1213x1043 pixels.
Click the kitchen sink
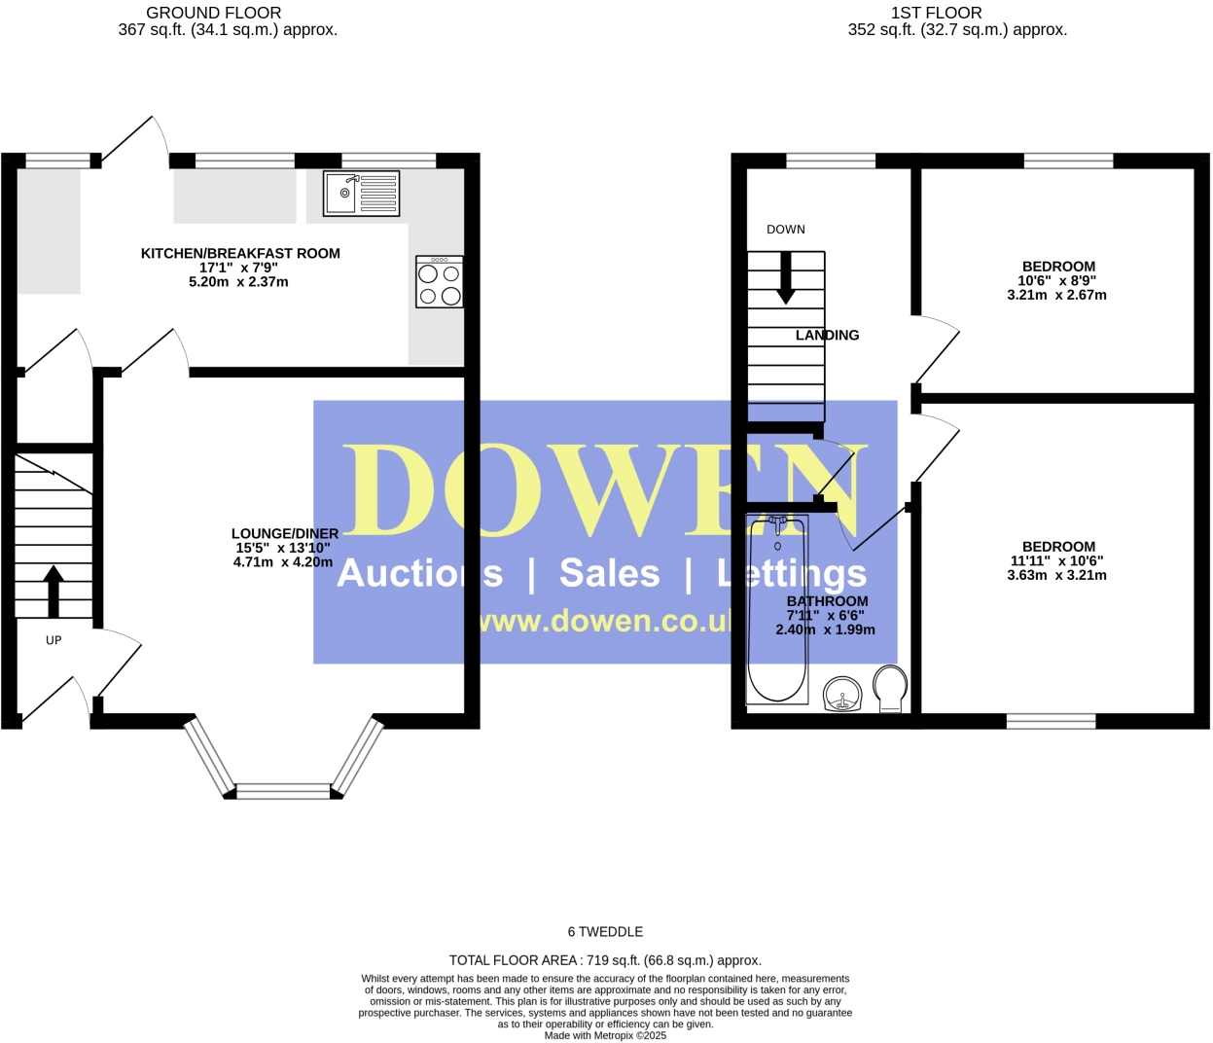point(362,193)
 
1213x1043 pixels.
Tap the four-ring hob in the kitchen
point(439,282)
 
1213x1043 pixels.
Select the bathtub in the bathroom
point(776,609)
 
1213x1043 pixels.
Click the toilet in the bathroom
point(890,686)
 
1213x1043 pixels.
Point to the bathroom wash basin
point(842,695)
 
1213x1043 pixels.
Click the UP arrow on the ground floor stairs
point(54,591)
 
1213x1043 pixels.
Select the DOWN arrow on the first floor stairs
point(785,278)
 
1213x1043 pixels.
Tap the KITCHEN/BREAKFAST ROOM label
point(240,253)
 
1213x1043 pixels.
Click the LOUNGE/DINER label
point(285,533)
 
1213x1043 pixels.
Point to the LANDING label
point(827,335)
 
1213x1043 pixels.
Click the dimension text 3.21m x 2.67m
point(1056,295)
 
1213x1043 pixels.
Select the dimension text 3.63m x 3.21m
point(1056,575)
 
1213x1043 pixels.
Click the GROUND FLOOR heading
point(214,13)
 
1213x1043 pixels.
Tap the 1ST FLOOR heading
point(936,13)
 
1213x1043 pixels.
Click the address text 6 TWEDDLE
point(605,931)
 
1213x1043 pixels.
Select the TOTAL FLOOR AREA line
point(605,960)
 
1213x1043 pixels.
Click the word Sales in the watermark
point(609,573)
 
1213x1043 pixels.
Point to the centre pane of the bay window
point(284,791)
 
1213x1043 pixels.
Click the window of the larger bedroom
point(1051,721)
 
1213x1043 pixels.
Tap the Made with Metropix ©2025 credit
point(605,1035)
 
